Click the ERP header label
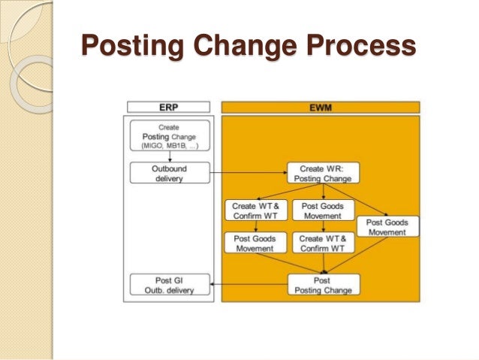click(169, 107)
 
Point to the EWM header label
click(321, 107)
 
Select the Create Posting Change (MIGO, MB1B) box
click(169, 136)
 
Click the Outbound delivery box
click(169, 174)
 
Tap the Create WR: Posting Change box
click(323, 174)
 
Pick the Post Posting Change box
click(322, 285)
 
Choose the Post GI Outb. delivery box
click(169, 285)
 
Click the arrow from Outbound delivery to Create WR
click(248, 174)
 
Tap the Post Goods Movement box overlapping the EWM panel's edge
click(387, 227)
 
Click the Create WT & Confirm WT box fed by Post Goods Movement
click(323, 243)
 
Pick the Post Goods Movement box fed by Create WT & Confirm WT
click(255, 243)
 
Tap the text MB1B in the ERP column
click(177, 145)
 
